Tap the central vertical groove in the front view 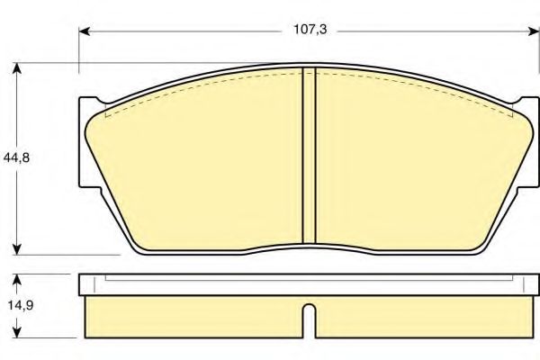(x=309, y=157)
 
